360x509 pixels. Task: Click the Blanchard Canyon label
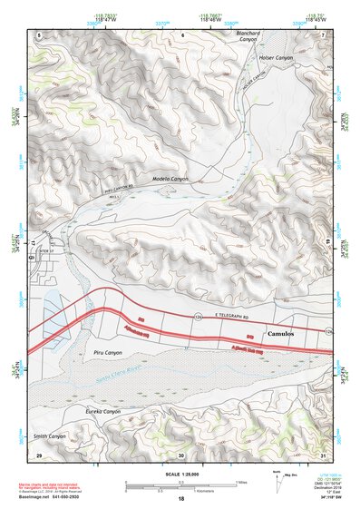(248, 37)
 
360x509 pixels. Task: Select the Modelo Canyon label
(170, 179)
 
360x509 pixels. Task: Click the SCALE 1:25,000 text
(180, 471)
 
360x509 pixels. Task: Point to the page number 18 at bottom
(180, 499)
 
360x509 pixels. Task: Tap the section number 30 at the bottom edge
(181, 455)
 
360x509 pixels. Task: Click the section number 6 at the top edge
(181, 34)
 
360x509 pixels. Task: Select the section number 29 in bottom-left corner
(39, 455)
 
